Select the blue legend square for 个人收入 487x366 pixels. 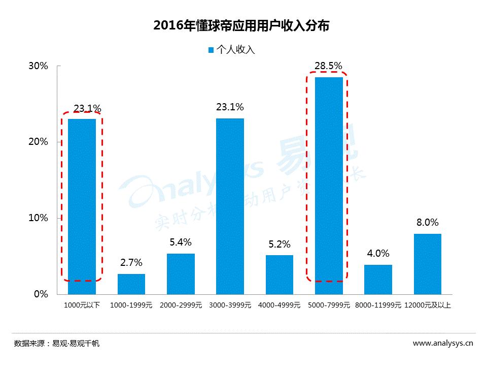(211, 50)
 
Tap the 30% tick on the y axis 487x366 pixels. (38, 66)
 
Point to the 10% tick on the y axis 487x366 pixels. (38, 218)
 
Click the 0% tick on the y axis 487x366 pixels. (41, 294)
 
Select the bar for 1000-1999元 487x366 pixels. (131, 284)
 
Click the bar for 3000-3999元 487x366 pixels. (230, 206)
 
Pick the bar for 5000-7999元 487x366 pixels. (329, 186)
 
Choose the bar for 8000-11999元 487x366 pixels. (378, 279)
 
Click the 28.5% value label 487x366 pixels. (328, 66)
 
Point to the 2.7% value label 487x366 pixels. (131, 263)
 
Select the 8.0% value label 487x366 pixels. (427, 222)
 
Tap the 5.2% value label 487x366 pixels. (279, 245)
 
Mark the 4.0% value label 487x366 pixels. (378, 253)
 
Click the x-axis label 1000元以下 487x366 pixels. (82, 306)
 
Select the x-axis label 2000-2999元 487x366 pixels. (181, 306)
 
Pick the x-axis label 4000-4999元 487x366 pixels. (279, 306)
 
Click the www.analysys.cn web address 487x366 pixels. (443, 343)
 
